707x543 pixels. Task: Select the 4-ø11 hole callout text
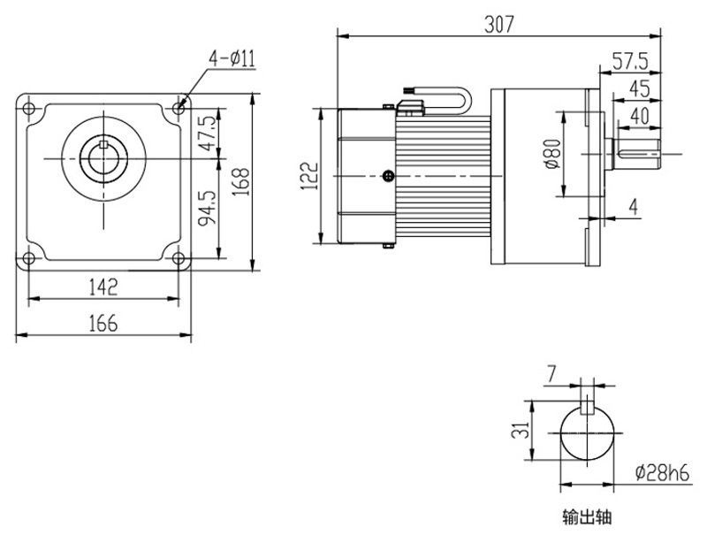coord(232,59)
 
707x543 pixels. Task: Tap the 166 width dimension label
coord(103,324)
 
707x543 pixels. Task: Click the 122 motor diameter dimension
coord(306,175)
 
